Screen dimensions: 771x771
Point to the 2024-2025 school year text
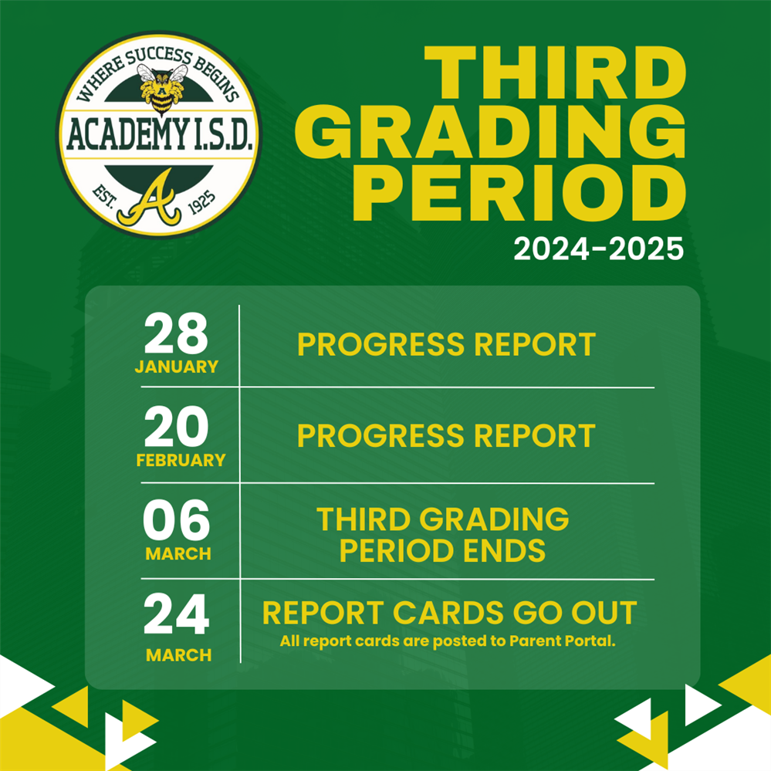tap(599, 249)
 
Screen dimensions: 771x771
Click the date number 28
tap(176, 334)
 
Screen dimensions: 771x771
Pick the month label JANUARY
tap(176, 367)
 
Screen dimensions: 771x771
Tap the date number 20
tap(176, 428)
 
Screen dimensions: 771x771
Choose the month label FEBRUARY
tap(181, 461)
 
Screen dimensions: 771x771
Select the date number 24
tap(176, 616)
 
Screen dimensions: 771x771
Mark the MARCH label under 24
tap(178, 655)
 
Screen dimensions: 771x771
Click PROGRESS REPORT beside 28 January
tap(446, 345)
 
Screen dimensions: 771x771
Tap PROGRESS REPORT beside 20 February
tap(446, 436)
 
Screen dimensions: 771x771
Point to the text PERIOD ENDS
tap(443, 551)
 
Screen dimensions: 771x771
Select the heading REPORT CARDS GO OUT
tap(449, 614)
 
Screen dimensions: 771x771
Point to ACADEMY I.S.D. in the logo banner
tap(161, 137)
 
